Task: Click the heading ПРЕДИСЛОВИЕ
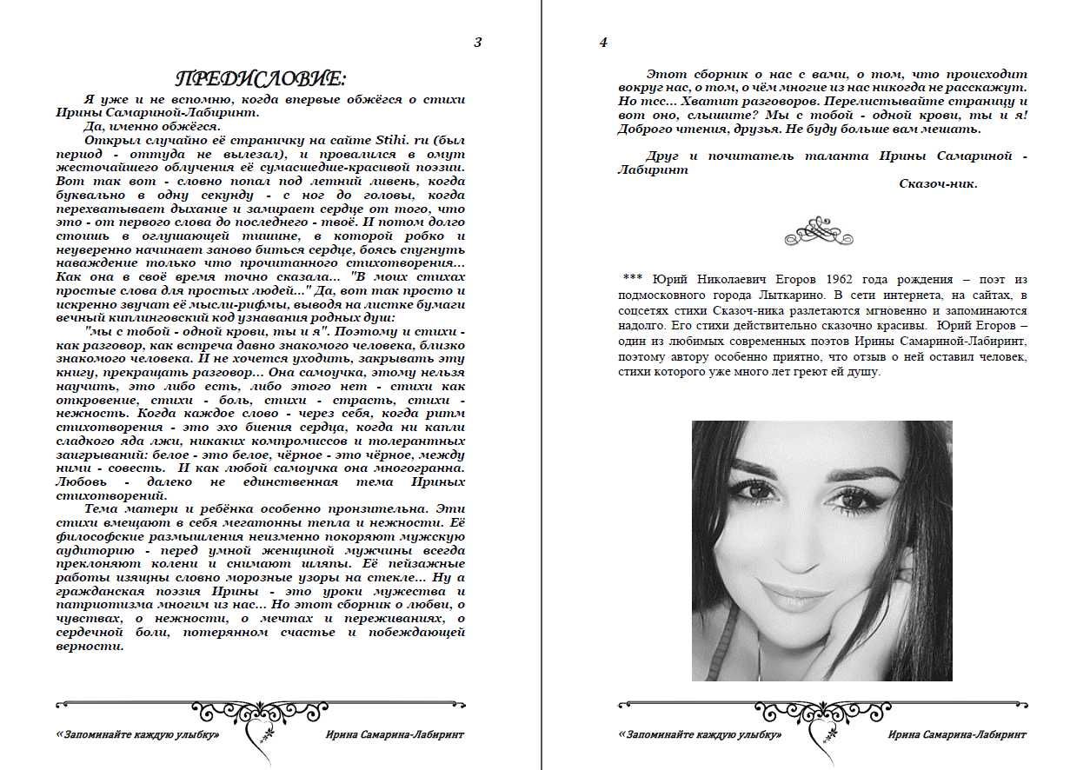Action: [x=261, y=79]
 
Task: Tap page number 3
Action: [x=477, y=42]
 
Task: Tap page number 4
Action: [x=603, y=42]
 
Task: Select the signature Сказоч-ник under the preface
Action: [x=938, y=183]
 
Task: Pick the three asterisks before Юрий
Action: [x=632, y=280]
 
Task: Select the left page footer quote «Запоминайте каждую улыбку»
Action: [x=137, y=735]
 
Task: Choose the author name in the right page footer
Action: [x=957, y=735]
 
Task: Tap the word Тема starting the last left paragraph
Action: [x=103, y=508]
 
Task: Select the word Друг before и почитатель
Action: [x=662, y=156]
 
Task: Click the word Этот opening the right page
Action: [x=666, y=74]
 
